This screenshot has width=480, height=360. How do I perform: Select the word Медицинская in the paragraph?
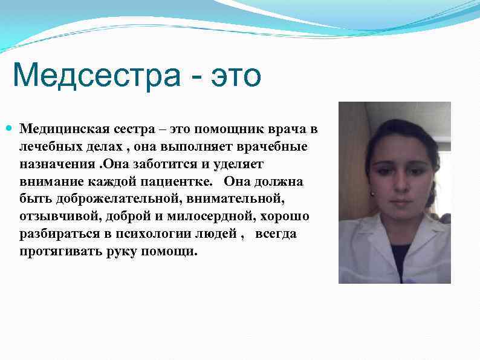pos(63,129)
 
